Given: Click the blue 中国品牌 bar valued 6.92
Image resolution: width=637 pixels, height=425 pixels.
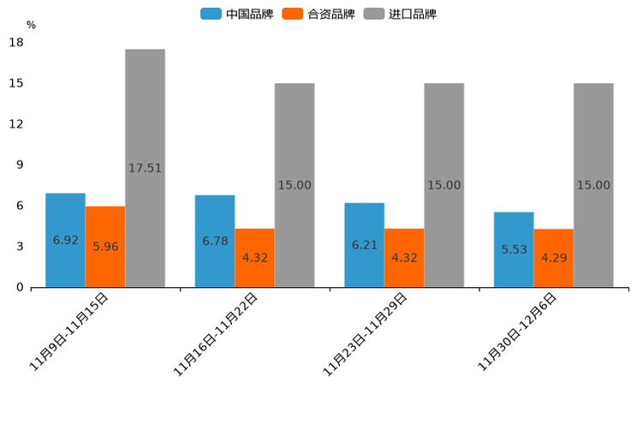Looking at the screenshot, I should point(65,240).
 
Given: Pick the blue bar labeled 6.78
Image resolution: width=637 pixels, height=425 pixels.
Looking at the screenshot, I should point(215,241).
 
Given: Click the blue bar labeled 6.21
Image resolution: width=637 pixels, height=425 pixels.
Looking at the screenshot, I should point(364,245).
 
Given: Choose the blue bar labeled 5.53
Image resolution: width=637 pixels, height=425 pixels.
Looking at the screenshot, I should point(514,249).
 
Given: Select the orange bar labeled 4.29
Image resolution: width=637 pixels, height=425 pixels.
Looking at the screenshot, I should point(553,258).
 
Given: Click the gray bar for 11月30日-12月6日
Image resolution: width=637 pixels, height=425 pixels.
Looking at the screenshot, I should point(593,185).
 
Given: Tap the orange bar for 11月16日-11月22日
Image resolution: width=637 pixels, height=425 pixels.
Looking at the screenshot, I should point(254,258).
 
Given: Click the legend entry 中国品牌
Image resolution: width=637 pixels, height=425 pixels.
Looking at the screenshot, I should point(237,14).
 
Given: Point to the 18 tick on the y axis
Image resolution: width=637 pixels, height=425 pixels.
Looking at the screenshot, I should point(15,42).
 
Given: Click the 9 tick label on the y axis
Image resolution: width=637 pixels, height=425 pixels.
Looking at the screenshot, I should point(20,165).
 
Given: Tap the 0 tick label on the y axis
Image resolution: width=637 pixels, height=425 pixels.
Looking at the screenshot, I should point(20,287).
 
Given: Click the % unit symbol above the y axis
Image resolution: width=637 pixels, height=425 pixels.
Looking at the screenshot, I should point(31,25).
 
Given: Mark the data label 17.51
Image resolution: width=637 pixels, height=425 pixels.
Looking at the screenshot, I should point(145,168).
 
